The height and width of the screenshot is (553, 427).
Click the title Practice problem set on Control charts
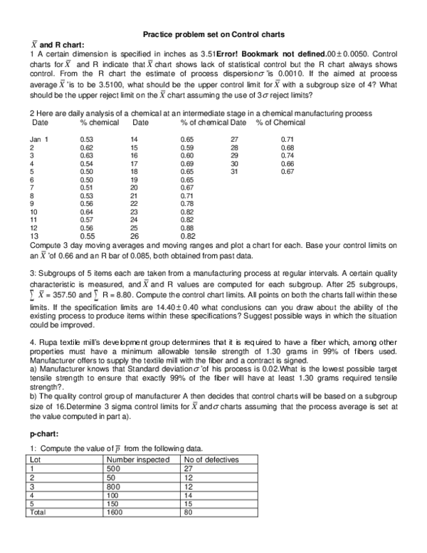(x=213, y=34)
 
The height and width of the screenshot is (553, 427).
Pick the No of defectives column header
(x=211, y=460)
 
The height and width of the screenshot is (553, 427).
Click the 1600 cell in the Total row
(x=115, y=511)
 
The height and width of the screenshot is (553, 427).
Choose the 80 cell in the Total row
(x=189, y=511)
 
